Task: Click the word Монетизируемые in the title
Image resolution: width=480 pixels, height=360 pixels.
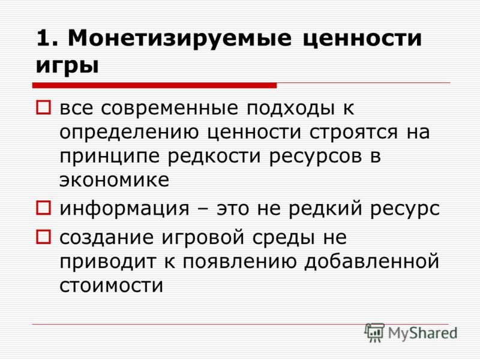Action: coord(179,39)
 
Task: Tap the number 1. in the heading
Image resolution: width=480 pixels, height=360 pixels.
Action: coord(47,38)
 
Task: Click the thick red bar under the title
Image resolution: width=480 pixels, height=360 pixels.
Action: coord(154,85)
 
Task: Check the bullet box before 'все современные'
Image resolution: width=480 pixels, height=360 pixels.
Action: coord(43,107)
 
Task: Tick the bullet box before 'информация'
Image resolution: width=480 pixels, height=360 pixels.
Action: coord(43,208)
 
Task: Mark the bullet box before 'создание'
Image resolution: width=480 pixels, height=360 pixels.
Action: coord(43,236)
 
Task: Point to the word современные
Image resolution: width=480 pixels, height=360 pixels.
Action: coord(169,108)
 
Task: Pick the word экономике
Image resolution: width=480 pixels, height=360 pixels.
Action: coord(114,179)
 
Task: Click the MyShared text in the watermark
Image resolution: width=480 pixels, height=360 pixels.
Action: coord(422,334)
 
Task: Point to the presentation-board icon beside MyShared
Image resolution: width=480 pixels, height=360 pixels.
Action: coord(374,332)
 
